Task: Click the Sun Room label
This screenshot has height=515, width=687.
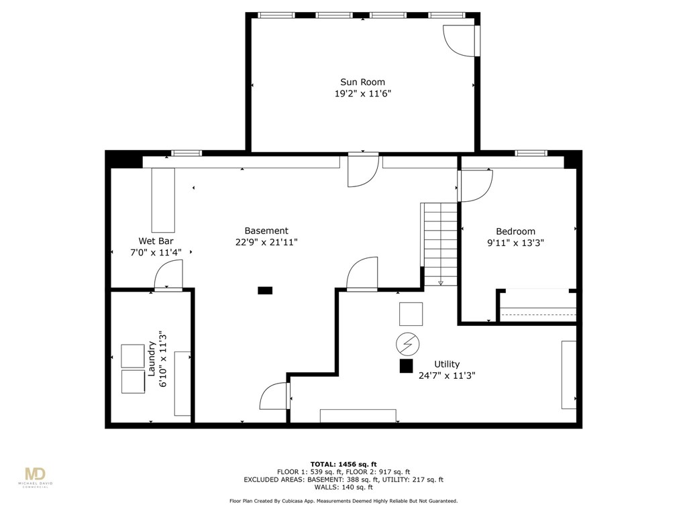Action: pyautogui.click(x=362, y=82)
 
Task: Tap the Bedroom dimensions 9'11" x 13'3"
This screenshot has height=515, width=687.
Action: pyautogui.click(x=515, y=243)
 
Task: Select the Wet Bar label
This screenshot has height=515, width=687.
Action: pyautogui.click(x=156, y=241)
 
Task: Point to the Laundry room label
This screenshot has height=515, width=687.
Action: pyautogui.click(x=152, y=359)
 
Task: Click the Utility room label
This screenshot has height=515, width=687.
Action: pyautogui.click(x=447, y=364)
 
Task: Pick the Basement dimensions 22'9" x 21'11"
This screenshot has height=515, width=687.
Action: pyautogui.click(x=266, y=242)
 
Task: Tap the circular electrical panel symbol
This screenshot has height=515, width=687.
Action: pyautogui.click(x=407, y=344)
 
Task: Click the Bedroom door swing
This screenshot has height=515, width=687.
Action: pyautogui.click(x=476, y=186)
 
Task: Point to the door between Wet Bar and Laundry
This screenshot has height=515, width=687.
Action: pyautogui.click(x=168, y=274)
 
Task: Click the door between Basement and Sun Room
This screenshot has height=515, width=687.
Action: pyautogui.click(x=363, y=170)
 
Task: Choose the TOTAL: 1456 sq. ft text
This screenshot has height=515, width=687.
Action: pyautogui.click(x=343, y=464)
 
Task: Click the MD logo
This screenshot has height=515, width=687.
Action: pyautogui.click(x=35, y=475)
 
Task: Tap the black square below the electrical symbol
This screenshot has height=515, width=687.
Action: pyautogui.click(x=406, y=366)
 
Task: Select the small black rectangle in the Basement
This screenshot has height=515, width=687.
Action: pyautogui.click(x=265, y=290)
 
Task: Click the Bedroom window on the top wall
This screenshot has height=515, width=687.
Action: pyautogui.click(x=531, y=153)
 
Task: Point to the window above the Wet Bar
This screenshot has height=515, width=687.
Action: pyautogui.click(x=187, y=154)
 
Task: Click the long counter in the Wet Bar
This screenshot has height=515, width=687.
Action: pyautogui.click(x=163, y=200)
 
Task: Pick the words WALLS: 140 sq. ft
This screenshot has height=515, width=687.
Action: pyautogui.click(x=343, y=487)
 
